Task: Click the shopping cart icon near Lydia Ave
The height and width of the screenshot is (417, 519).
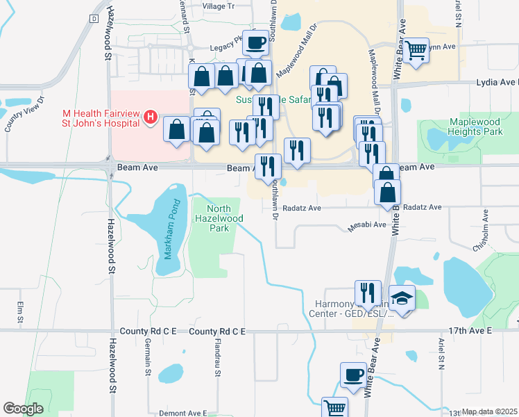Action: click(x=416, y=50)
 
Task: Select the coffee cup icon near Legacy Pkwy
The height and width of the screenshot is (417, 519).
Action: click(x=255, y=44)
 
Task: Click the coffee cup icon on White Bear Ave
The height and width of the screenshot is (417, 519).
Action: click(x=353, y=375)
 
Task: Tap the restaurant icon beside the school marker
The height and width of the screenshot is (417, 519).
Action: click(x=368, y=293)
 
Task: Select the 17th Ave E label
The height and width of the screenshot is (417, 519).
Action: click(x=470, y=332)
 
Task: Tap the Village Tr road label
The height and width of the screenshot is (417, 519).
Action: click(x=219, y=6)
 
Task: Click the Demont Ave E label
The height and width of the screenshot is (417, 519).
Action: click(x=182, y=413)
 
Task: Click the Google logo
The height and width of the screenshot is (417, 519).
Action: click(x=23, y=409)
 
